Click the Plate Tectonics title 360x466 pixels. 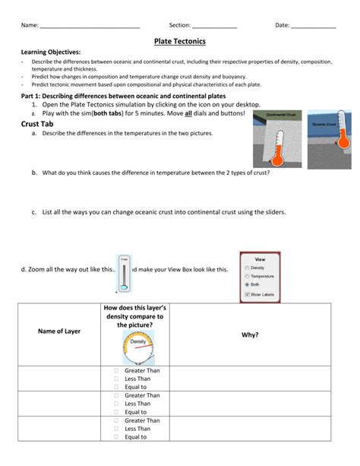point(180,40)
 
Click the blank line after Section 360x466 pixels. point(214,26)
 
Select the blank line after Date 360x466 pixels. point(313,26)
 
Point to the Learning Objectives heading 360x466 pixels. point(50,51)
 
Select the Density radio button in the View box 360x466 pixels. point(247,268)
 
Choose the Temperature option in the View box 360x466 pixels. point(247,276)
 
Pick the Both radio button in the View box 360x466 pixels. point(247,284)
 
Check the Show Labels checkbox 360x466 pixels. point(247,293)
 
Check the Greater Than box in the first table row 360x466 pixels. point(117,370)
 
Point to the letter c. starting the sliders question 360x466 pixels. point(35,213)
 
